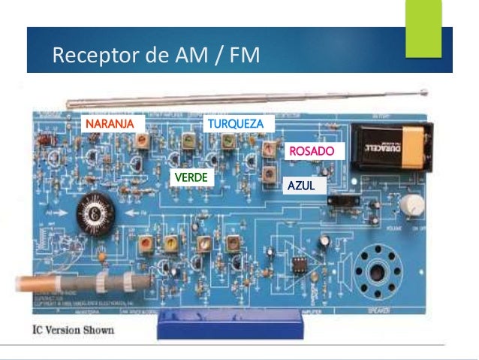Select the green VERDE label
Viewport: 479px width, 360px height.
tap(191, 177)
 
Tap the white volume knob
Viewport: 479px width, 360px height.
tap(410, 204)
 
